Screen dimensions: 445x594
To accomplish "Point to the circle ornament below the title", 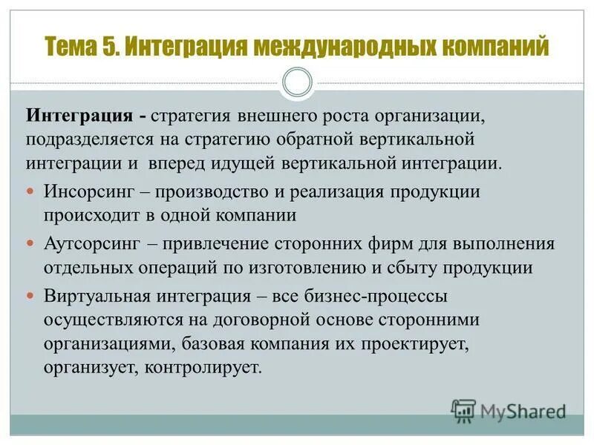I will click(297, 82).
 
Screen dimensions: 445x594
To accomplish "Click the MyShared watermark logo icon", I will click(463, 409).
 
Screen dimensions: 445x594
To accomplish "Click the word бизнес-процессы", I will click(396, 297).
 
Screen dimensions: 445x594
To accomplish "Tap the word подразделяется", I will click(91, 139).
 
